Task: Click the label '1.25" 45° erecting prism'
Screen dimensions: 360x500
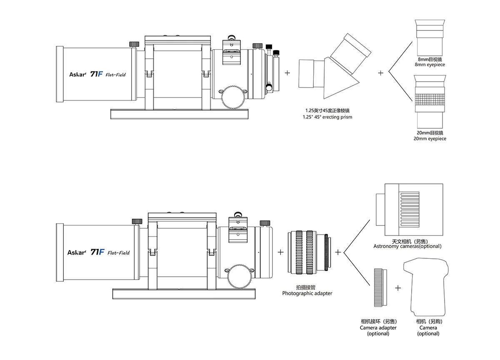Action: point(327,117)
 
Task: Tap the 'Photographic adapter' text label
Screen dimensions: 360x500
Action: point(307,293)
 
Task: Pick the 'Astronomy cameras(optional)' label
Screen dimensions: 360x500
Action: point(407,246)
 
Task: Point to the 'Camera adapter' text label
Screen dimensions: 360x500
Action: point(378,327)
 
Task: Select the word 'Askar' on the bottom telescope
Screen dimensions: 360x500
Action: point(76,252)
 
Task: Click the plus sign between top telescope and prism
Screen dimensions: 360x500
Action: point(287,72)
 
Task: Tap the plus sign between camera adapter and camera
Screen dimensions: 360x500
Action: point(398,287)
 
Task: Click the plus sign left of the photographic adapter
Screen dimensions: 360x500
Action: point(281,252)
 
